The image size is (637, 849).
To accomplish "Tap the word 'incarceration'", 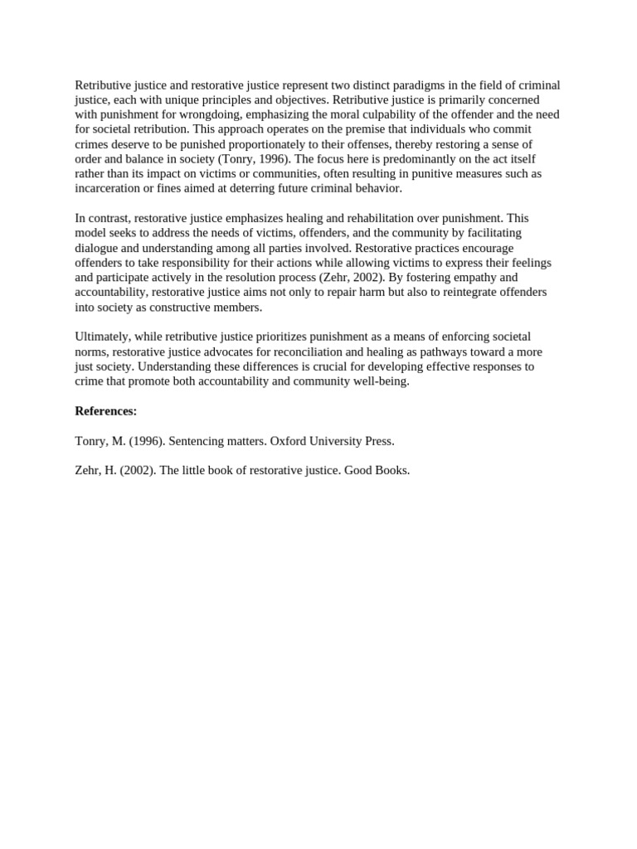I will pos(109,188).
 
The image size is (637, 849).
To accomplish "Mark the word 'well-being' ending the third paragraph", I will pos(381,381).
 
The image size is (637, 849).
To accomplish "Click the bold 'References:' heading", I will pos(106,411).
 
